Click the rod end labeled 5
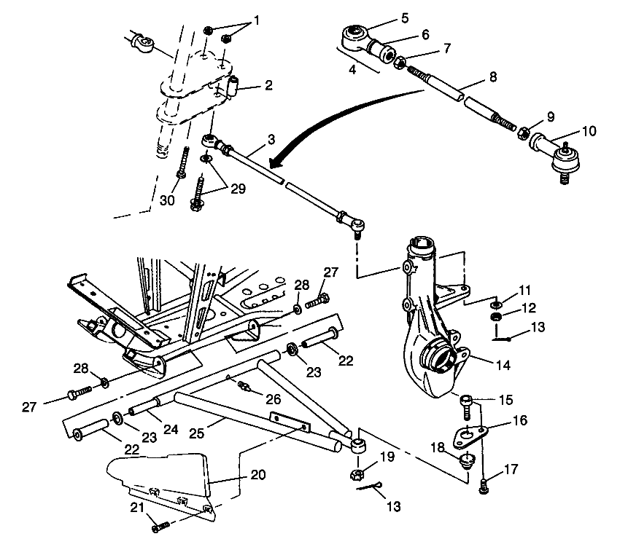point(355,34)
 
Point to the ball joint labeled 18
point(465,460)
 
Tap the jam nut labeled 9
point(524,133)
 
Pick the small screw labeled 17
point(483,489)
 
